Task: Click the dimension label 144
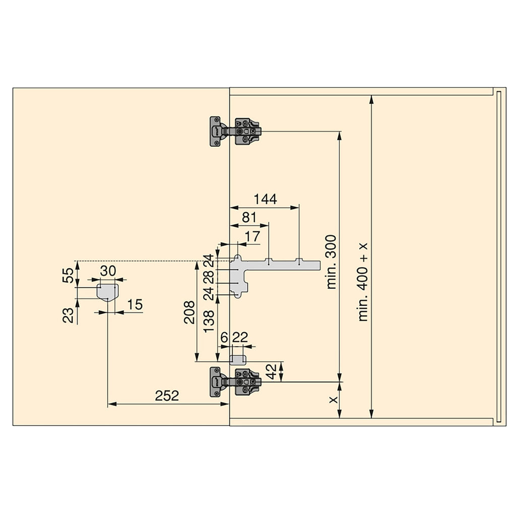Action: coord(265,199)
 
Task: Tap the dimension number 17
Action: coord(252,236)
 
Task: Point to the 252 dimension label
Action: coord(167,396)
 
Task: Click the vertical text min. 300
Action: coord(331,262)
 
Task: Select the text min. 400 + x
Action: coord(363,282)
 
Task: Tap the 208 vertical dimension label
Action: coord(189,312)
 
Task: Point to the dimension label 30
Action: coord(108,271)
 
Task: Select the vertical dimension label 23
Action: coord(69,315)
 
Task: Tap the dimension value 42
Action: coord(271,372)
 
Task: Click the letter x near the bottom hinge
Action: coord(332,400)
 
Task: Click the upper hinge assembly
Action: coord(236,132)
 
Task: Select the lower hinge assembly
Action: coord(236,382)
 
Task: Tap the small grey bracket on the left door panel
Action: coord(107,291)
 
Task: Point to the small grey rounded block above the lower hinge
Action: coord(238,359)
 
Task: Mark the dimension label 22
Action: coord(241,338)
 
